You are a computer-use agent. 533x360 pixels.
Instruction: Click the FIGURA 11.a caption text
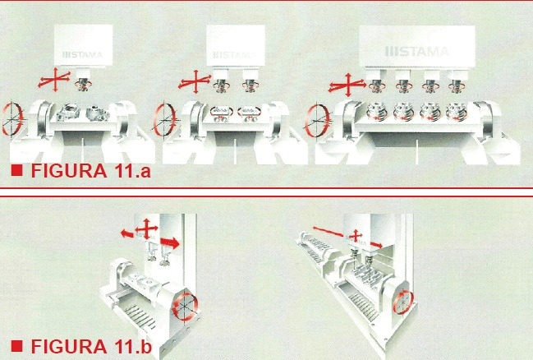91,170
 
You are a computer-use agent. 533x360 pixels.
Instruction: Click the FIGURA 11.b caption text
91,346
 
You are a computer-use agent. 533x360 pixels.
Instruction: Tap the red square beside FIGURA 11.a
16,170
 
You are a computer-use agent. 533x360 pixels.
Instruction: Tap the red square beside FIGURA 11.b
16,346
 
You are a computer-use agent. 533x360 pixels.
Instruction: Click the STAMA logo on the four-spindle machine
416,52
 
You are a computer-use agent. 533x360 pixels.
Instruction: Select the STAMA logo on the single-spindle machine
83,54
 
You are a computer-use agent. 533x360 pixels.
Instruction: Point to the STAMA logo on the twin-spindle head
234,55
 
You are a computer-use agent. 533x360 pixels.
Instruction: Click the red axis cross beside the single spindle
54,81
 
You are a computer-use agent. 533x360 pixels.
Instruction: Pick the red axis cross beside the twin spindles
195,82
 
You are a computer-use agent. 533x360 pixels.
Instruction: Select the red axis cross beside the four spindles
347,85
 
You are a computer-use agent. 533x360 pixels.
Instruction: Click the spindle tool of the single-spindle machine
83,84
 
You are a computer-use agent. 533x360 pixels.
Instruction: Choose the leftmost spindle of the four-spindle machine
377,85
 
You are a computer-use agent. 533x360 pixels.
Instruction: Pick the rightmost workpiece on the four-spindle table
456,111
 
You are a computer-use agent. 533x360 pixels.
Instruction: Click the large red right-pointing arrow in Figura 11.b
170,242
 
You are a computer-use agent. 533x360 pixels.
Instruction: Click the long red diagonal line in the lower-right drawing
328,232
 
